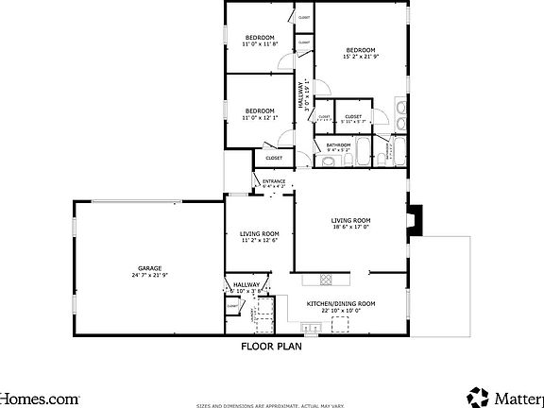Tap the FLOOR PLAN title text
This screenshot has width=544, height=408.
[x=271, y=346]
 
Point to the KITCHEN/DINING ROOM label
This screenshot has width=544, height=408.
[x=340, y=303]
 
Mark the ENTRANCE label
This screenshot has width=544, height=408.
[x=274, y=180]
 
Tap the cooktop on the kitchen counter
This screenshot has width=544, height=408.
[x=326, y=279]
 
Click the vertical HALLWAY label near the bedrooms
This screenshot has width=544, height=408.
[x=303, y=95]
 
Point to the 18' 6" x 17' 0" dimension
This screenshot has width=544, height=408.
[x=350, y=226]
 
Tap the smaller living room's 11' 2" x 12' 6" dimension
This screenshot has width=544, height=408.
[x=259, y=240]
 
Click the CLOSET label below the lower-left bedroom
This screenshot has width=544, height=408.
[x=274, y=158]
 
